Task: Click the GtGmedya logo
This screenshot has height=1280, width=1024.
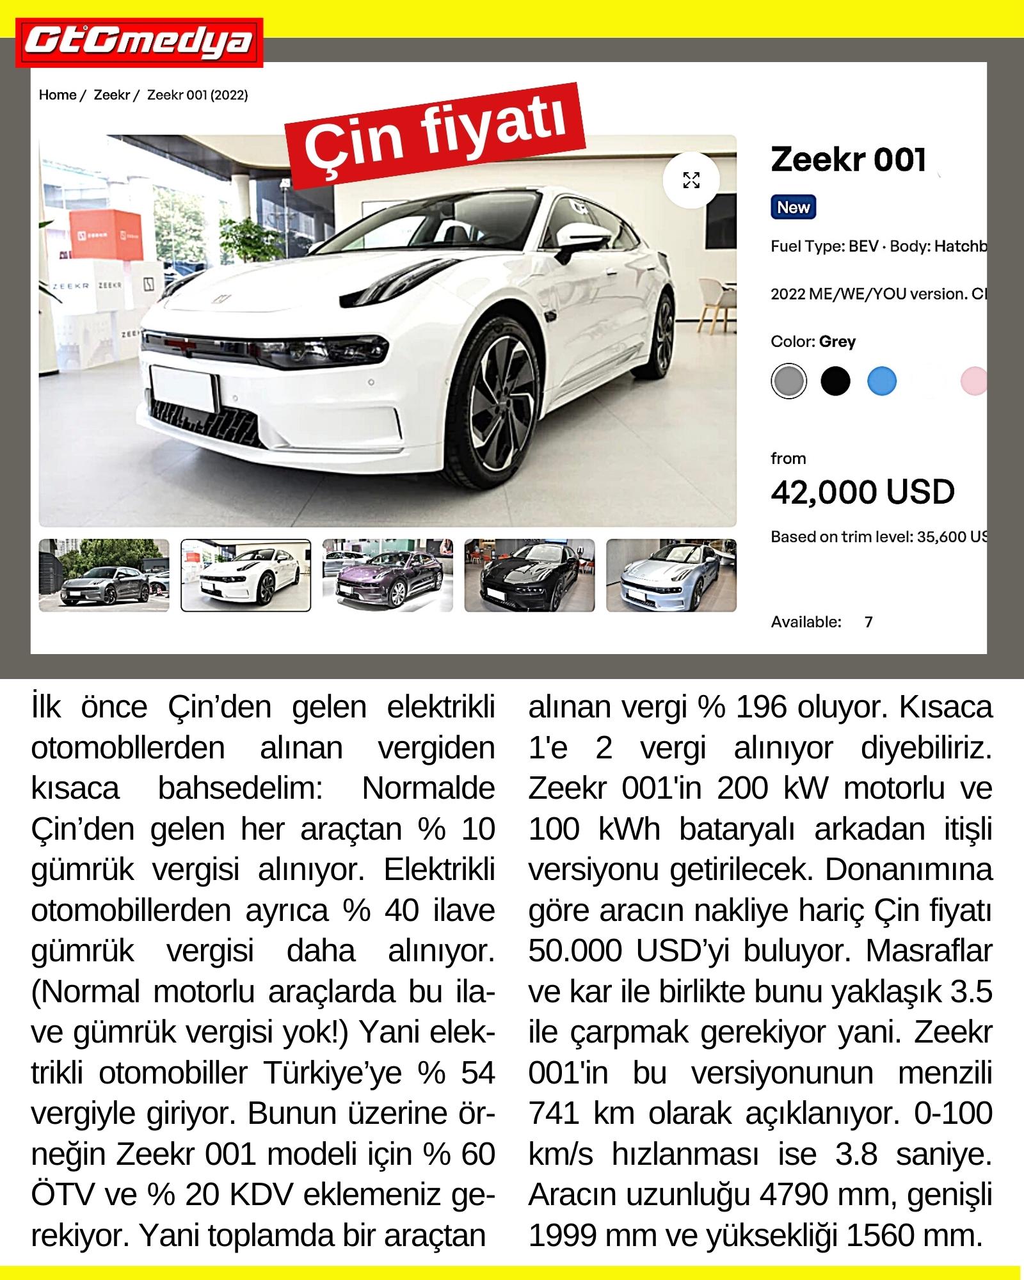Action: coord(140,42)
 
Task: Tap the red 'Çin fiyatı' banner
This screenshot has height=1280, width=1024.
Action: coord(437,132)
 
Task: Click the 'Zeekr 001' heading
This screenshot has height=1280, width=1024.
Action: coord(848,159)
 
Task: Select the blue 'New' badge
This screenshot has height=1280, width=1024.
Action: coord(793,207)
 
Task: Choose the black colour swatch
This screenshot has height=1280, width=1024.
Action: coord(835,382)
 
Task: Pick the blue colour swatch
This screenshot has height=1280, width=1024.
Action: coord(882,382)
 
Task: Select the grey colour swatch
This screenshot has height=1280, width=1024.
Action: coord(788,382)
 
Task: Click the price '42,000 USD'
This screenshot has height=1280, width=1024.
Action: coord(862,492)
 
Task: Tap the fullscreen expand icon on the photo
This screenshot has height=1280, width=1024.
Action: coord(691,180)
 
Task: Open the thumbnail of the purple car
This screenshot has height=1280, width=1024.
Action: coord(387,575)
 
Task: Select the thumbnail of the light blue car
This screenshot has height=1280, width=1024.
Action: coord(671,575)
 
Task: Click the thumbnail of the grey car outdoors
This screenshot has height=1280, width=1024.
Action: coord(104,575)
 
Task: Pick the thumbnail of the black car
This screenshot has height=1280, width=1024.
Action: coord(529,575)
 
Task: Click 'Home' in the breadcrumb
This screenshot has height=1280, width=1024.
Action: coord(58,95)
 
